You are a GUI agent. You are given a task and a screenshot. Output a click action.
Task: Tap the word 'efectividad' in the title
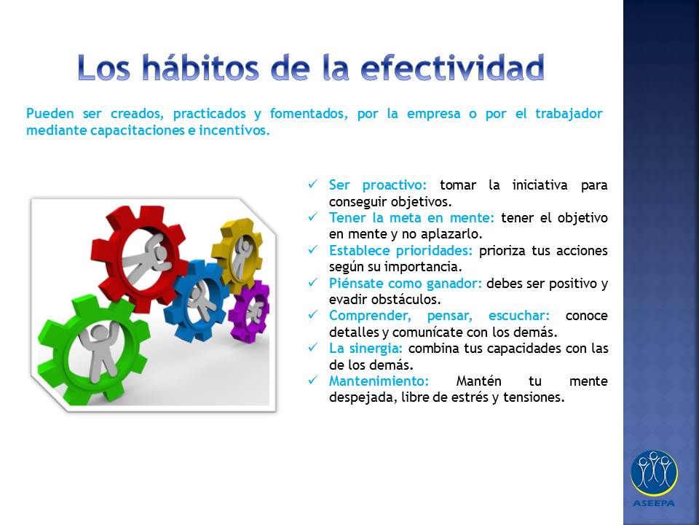click(452, 67)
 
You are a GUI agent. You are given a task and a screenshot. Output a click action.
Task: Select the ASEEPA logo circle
click(654, 473)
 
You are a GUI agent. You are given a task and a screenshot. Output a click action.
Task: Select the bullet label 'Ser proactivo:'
click(378, 185)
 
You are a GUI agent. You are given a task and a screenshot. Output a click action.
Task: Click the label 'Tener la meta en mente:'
click(411, 218)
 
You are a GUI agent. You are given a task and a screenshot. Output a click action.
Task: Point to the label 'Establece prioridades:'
click(400, 250)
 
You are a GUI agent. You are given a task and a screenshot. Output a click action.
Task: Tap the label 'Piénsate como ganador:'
click(406, 284)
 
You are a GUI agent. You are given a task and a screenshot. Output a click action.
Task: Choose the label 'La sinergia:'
click(366, 349)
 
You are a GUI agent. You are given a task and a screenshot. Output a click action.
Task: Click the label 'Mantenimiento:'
click(379, 381)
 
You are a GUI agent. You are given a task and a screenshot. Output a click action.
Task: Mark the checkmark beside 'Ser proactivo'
click(313, 184)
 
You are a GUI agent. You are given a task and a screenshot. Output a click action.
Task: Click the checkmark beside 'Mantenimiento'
click(313, 380)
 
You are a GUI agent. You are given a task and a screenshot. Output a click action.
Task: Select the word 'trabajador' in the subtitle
click(569, 114)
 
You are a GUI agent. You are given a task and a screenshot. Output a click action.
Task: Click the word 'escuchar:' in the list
click(519, 316)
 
